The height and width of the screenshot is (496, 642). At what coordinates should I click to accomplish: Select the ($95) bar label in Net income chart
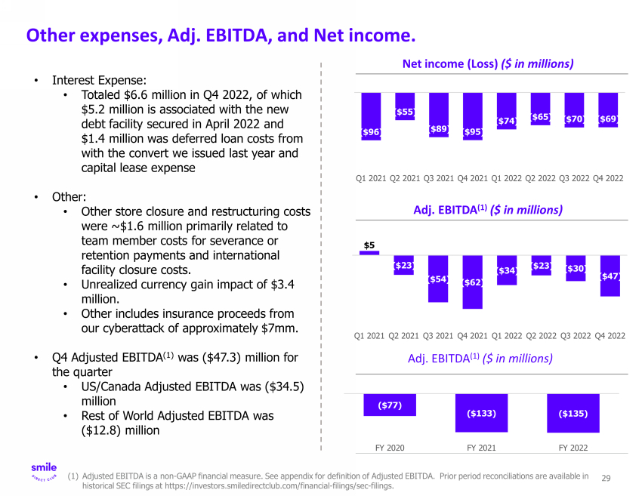point(473,131)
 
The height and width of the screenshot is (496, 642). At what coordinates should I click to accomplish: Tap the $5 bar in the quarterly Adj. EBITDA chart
point(369,253)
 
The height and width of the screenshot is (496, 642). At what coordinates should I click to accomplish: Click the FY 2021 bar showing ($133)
point(481,413)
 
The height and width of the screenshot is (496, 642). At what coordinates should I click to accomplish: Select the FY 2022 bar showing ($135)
point(573,413)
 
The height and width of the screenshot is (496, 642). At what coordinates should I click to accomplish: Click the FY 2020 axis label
point(390,448)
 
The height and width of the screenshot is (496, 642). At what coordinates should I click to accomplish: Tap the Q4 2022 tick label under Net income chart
point(609,179)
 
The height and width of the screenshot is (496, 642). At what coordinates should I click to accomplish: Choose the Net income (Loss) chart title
point(488,64)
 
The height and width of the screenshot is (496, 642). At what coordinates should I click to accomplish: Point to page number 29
point(606,478)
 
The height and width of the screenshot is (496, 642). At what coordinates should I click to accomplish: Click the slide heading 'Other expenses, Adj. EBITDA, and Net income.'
point(221,35)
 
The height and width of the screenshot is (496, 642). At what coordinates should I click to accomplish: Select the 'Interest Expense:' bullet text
point(99,80)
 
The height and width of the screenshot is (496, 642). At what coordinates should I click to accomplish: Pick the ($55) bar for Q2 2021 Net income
point(405,112)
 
